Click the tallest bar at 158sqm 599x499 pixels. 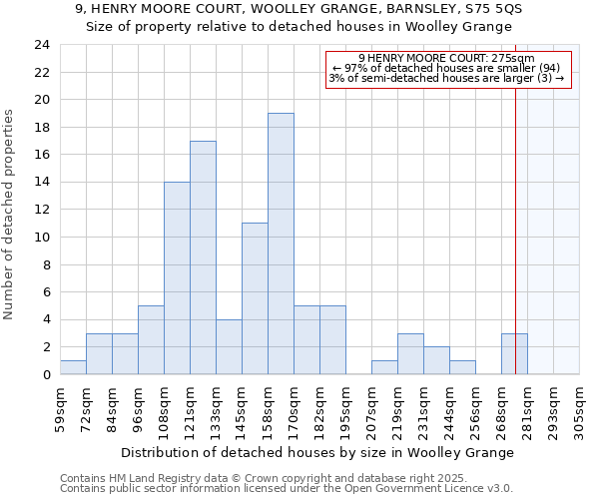click(x=281, y=244)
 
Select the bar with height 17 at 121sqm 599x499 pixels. click(x=203, y=257)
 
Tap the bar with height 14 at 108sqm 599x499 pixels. click(x=177, y=278)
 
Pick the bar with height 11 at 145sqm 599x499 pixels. click(x=255, y=298)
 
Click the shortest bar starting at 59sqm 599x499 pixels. click(x=73, y=367)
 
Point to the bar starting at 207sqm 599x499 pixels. click(x=384, y=367)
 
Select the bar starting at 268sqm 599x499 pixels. click(x=514, y=354)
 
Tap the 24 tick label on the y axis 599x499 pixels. click(x=41, y=45)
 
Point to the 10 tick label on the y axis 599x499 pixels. click(x=41, y=238)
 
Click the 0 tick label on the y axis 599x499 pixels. click(x=45, y=375)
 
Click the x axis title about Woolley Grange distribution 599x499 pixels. click(x=318, y=452)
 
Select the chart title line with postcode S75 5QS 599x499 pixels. click(x=299, y=9)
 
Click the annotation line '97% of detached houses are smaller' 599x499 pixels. click(x=448, y=68)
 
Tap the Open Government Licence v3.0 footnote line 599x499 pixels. click(x=287, y=489)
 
